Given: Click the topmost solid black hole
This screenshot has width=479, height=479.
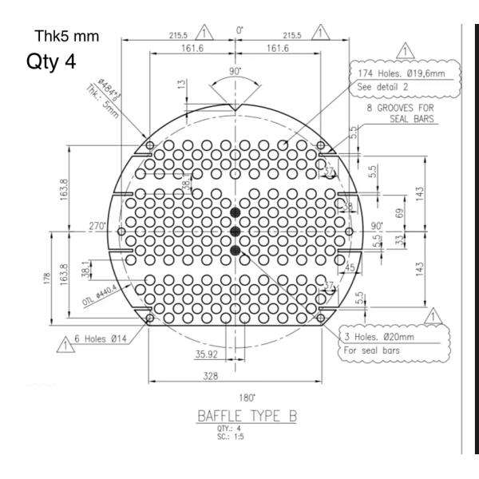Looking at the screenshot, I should coord(235,212).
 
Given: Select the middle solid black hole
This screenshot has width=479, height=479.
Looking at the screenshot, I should coord(235,232).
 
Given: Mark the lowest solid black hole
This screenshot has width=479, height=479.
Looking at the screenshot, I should coord(235,251).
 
